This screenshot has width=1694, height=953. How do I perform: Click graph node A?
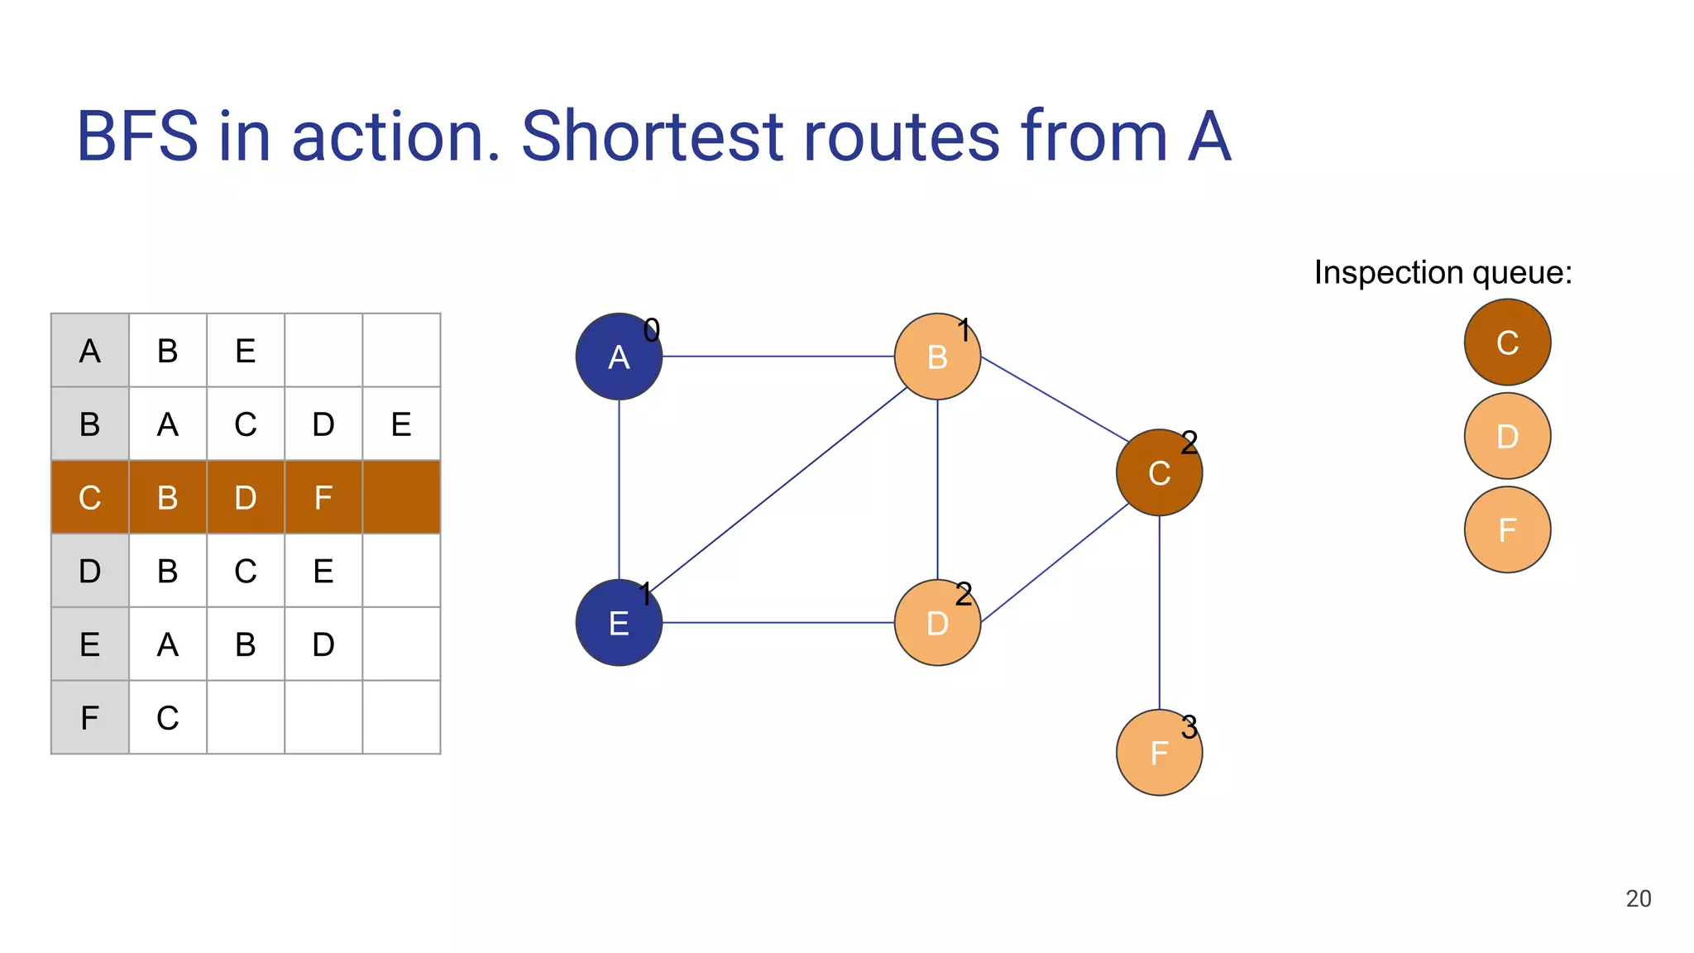(619, 357)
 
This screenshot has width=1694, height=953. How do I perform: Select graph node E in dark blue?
(619, 623)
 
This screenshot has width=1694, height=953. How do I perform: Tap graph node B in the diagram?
(937, 357)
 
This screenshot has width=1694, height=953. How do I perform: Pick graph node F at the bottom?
(1159, 753)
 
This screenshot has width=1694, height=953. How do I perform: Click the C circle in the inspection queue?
(1507, 342)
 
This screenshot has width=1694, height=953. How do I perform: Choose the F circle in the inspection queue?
(1507, 529)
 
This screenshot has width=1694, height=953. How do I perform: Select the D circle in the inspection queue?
(1507, 436)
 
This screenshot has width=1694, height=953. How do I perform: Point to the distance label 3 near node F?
(1189, 728)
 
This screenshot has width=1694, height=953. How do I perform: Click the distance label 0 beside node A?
(652, 331)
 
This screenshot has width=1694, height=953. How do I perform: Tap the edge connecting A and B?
(778, 357)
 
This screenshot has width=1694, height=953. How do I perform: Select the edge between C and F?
(1159, 612)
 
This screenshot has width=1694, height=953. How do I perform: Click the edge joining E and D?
(778, 623)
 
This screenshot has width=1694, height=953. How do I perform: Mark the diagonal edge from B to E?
(778, 488)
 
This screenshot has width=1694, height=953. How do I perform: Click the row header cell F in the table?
(90, 717)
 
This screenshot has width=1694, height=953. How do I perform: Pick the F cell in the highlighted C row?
(323, 498)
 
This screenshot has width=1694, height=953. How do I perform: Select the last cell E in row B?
(401, 424)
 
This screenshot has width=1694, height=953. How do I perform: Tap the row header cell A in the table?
(90, 352)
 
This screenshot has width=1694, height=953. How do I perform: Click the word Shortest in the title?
(652, 136)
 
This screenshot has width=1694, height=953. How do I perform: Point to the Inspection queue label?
(1443, 273)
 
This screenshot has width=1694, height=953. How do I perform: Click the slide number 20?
(1638, 898)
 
